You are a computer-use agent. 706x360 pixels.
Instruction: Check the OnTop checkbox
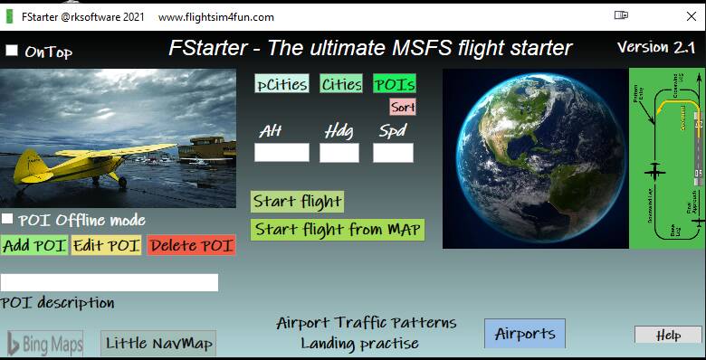(x=12, y=51)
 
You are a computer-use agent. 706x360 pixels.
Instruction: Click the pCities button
(x=281, y=83)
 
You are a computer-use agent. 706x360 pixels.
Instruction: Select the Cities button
(x=341, y=83)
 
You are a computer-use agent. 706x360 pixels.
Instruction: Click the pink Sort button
(x=403, y=107)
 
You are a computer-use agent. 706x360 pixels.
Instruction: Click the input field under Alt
(x=281, y=152)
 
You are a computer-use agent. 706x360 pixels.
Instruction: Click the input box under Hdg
(x=339, y=152)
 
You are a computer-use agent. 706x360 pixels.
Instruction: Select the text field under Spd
(x=393, y=152)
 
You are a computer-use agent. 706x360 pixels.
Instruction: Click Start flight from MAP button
(x=338, y=230)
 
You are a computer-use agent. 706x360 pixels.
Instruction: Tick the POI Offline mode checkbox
(x=7, y=219)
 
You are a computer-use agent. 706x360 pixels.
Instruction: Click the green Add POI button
(x=34, y=245)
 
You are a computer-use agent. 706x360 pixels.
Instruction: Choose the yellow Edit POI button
(x=107, y=245)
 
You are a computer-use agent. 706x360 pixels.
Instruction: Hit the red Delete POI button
(x=191, y=245)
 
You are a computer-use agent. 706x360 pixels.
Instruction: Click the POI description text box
(x=110, y=282)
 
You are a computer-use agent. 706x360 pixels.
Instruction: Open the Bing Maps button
(x=45, y=344)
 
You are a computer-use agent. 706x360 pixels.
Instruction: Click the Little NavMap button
(x=158, y=344)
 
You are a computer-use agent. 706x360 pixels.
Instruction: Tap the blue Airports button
(x=525, y=333)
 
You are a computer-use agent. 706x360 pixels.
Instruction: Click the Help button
(x=668, y=335)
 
